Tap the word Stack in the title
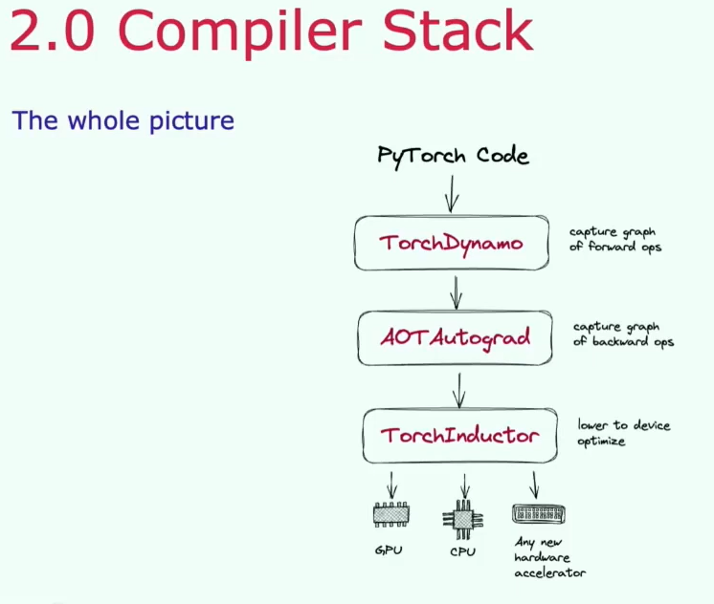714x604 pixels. (458, 29)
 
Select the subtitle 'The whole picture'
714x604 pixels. (123, 121)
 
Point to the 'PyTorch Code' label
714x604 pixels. (453, 156)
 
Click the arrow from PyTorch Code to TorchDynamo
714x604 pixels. (451, 194)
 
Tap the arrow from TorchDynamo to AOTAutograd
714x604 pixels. (456, 292)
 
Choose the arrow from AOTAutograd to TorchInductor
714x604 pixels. (459, 391)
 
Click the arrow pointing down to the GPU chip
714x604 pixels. (391, 485)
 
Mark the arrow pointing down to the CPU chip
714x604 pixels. (464, 485)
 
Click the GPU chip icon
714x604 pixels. (390, 514)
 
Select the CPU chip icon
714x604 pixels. (462, 519)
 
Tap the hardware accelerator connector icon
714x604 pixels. (539, 514)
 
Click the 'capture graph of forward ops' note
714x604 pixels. (614, 240)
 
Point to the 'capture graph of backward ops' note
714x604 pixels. (623, 334)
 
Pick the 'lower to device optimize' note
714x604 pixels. (623, 433)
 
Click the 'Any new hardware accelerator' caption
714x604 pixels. (549, 557)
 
